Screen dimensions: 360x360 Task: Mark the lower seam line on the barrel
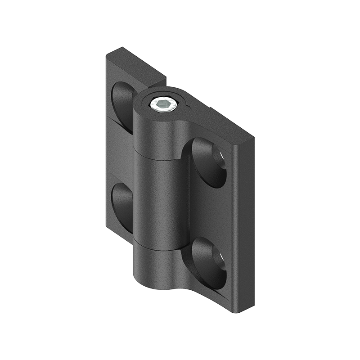[157, 248]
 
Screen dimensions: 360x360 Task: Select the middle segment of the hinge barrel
[160, 202]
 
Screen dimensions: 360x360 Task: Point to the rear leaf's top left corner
[108, 56]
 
